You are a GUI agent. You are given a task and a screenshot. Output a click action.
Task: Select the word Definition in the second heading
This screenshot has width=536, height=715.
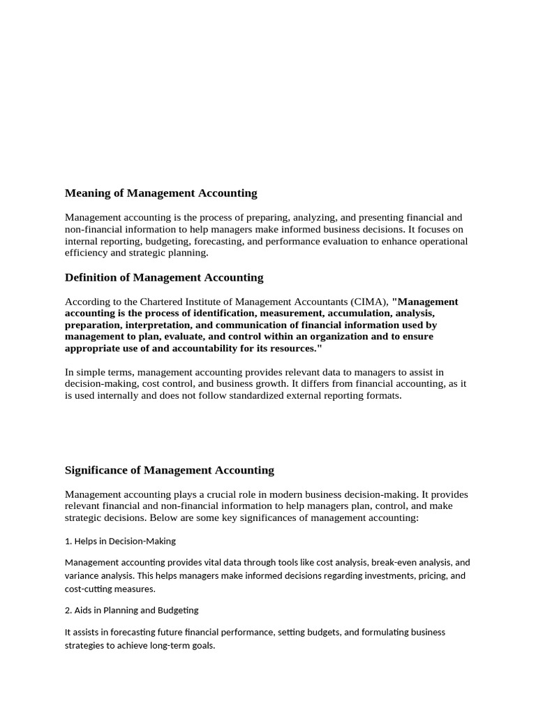(x=91, y=277)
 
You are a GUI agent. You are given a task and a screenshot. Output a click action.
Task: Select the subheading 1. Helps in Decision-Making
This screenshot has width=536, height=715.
(x=120, y=541)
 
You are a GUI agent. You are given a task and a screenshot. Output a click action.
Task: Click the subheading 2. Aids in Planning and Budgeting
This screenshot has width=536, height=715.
(x=131, y=610)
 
